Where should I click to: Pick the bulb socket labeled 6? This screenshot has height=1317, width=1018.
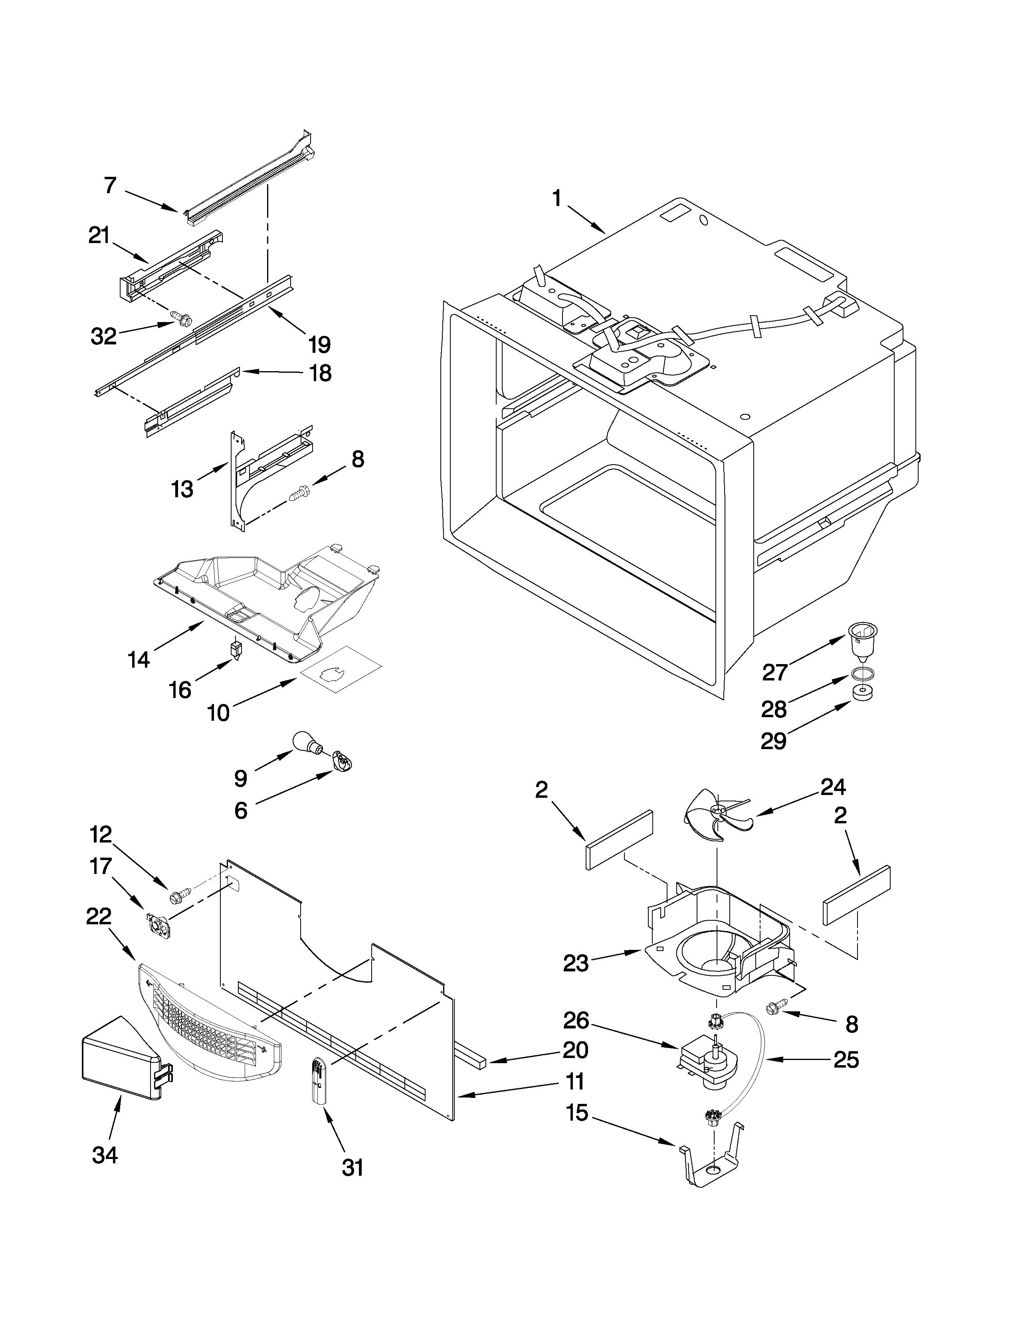tap(342, 761)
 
